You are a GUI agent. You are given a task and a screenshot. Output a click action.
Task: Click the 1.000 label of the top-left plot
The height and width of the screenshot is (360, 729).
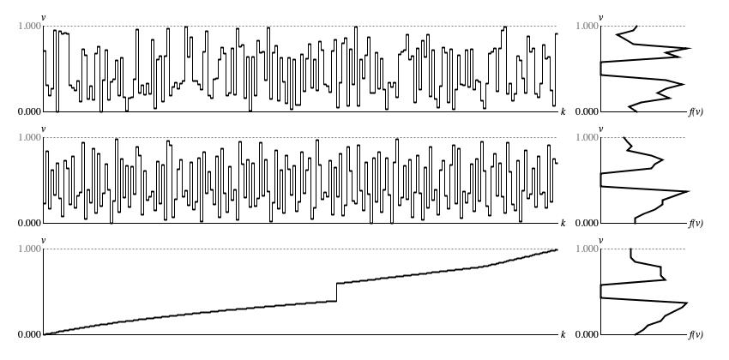pyautogui.click(x=29, y=26)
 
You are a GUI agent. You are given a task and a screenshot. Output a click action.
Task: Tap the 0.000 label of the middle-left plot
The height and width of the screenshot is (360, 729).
pyautogui.click(x=29, y=224)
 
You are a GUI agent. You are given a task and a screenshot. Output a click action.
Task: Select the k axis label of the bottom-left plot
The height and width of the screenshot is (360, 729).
pyautogui.click(x=563, y=334)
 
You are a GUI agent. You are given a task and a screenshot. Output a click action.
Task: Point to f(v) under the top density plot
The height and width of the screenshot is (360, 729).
pyautogui.click(x=696, y=112)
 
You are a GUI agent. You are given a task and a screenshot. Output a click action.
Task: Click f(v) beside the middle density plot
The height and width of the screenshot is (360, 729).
pyautogui.click(x=696, y=224)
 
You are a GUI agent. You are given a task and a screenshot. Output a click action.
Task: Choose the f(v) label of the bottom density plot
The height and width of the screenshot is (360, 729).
pyautogui.click(x=696, y=335)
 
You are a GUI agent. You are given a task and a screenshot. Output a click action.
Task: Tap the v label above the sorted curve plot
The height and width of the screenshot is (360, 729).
pyautogui.click(x=44, y=241)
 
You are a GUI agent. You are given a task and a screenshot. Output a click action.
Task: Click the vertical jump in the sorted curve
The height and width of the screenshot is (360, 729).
pyautogui.click(x=336, y=292)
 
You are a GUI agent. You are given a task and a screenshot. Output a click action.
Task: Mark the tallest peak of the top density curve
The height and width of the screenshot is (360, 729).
pyautogui.click(x=690, y=48)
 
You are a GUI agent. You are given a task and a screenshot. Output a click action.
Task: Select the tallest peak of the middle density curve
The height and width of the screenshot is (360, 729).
pyautogui.click(x=688, y=191)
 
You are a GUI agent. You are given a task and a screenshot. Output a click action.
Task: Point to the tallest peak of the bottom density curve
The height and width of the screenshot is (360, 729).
pyautogui.click(x=687, y=303)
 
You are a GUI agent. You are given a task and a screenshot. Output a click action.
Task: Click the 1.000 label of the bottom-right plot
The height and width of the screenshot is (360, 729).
pyautogui.click(x=587, y=249)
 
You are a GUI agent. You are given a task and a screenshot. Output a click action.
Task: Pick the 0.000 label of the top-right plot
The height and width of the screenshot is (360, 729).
pyautogui.click(x=587, y=112)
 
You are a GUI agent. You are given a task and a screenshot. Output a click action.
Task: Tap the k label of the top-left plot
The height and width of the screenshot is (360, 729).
pyautogui.click(x=563, y=111)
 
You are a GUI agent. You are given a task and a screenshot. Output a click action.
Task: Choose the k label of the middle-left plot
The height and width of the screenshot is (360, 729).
pyautogui.click(x=563, y=223)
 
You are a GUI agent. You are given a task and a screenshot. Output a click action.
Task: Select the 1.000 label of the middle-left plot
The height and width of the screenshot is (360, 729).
pyautogui.click(x=29, y=137)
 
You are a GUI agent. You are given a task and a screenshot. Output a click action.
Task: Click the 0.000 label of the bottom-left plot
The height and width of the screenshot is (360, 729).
pyautogui.click(x=29, y=335)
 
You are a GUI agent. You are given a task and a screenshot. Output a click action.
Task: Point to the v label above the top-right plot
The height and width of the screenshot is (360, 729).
pyautogui.click(x=601, y=18)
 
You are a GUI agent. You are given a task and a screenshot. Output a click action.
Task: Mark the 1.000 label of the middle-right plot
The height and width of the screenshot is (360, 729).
pyautogui.click(x=587, y=137)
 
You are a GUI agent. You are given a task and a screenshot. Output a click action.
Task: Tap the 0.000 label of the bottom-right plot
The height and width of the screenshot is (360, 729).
pyautogui.click(x=587, y=335)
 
